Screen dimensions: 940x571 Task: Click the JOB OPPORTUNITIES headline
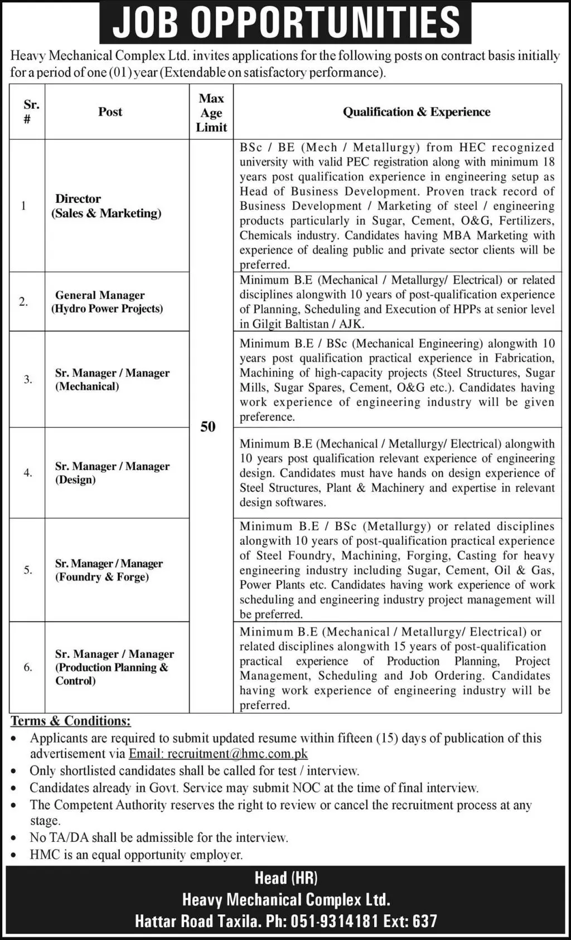coord(285,22)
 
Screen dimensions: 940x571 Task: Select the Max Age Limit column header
coord(211,113)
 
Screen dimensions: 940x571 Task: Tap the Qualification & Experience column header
coord(416,112)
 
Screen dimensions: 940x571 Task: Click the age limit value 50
coord(208,427)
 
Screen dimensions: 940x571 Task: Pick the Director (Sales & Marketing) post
coord(106,206)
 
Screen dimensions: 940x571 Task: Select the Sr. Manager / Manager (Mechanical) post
coord(112,379)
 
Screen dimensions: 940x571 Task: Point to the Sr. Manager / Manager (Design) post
coord(112,473)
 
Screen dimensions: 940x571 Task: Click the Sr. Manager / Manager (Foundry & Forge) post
coord(109,570)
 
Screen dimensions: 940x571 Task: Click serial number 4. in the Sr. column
coord(28,473)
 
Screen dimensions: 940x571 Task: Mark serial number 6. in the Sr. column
coord(28,667)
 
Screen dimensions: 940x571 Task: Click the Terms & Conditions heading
coord(71,721)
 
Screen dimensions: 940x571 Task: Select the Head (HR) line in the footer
coord(285,878)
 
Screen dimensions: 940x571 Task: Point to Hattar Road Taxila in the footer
coord(198,921)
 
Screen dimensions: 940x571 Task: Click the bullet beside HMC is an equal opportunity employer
coord(17,855)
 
